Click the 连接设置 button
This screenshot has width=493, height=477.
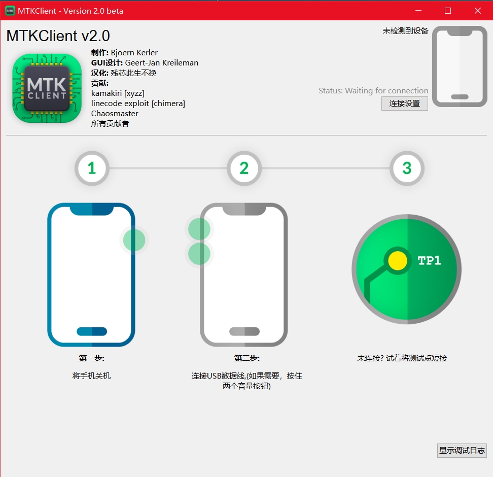404,104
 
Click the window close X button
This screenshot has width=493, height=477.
477,11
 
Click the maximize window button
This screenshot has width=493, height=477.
448,11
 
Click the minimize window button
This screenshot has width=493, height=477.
418,11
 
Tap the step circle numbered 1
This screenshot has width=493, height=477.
92,168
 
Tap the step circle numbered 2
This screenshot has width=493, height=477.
244,168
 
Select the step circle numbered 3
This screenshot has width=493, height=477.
407,168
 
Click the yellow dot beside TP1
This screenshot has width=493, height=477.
397,261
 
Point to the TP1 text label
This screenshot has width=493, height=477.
429,261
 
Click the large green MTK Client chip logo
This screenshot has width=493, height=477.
47,88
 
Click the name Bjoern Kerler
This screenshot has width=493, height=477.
134,53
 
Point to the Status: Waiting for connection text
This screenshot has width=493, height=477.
373,91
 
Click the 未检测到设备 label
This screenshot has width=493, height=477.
405,31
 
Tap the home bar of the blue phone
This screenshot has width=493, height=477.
92,331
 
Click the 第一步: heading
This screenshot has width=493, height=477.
92,358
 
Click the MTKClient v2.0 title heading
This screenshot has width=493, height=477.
58,36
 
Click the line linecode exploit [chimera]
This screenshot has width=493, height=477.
138,104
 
